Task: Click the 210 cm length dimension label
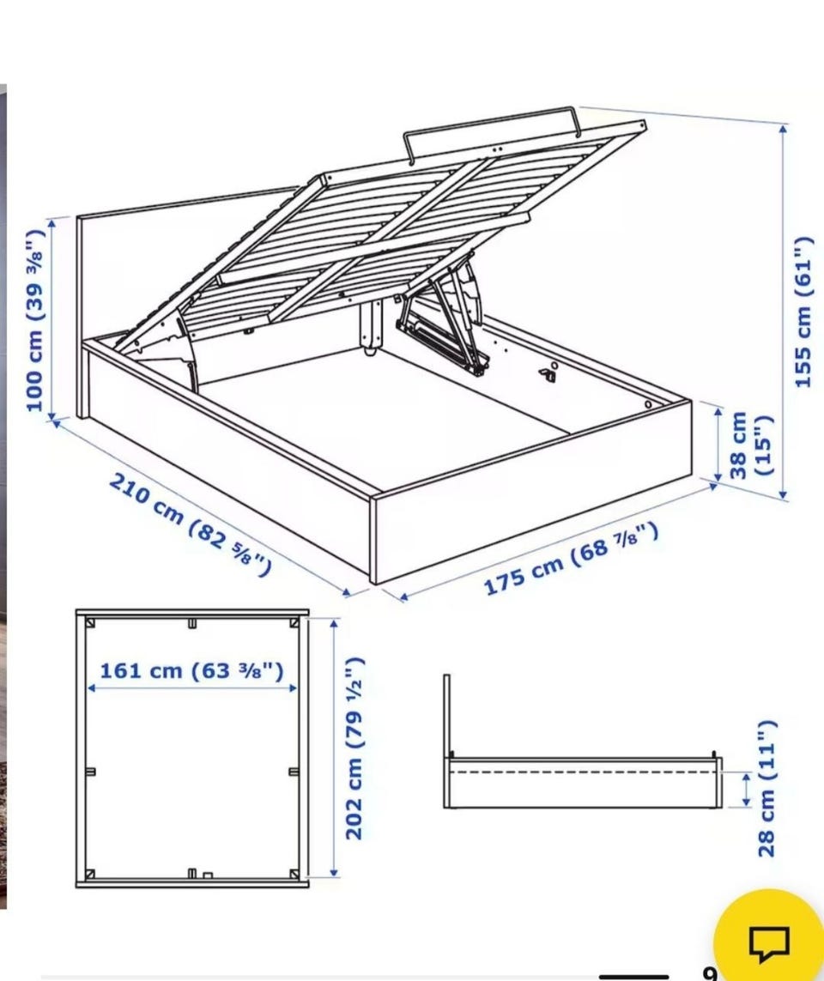190,524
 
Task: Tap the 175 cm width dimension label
572,558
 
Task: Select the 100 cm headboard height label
35,320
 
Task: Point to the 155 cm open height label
802,312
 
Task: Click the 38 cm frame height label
749,445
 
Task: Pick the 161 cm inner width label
191,670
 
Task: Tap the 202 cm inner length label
354,748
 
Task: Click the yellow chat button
770,935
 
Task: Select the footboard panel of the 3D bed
532,494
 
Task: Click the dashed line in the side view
583,772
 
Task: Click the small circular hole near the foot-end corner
648,405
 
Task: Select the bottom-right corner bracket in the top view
294,874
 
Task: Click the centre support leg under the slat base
371,326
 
